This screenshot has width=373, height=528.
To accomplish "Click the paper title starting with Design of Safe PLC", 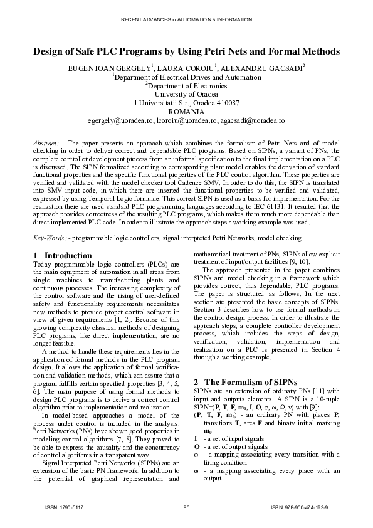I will (x=186, y=51).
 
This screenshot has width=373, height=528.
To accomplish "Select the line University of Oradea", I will (x=186, y=93).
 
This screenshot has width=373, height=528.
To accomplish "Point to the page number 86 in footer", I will (x=186, y=507).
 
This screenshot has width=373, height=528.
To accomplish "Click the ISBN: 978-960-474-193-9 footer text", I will (x=303, y=507).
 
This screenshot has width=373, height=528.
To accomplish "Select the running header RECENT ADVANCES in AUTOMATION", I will (x=186, y=20).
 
